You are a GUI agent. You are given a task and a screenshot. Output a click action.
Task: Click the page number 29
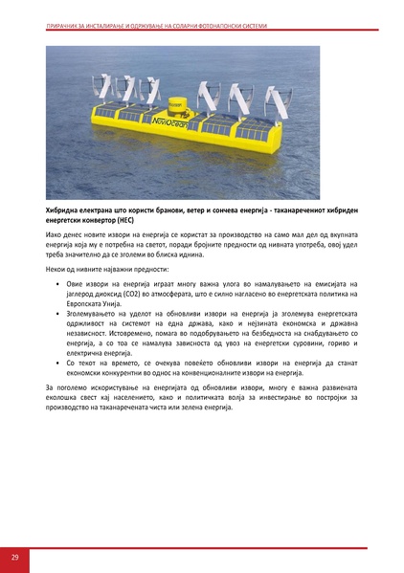click(15, 557)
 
